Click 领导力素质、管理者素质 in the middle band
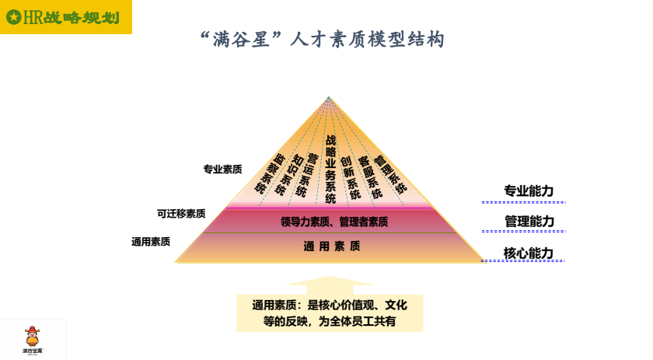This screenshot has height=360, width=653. (x=334, y=222)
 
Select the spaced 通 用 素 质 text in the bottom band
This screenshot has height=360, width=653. (x=332, y=246)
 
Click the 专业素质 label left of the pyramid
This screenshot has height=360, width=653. (x=222, y=169)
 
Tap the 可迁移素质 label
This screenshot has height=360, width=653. (x=181, y=213)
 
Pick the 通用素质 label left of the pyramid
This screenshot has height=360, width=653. (x=151, y=242)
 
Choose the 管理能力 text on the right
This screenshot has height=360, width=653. (x=529, y=222)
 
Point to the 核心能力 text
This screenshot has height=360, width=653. (x=529, y=253)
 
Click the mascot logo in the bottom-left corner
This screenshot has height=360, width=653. (x=33, y=338)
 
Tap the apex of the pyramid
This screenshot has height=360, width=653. (x=329, y=97)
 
